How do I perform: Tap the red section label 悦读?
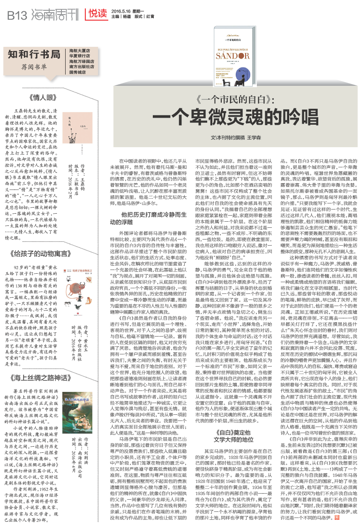click(x=97, y=15)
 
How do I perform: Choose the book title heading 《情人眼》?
click(x=42, y=98)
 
